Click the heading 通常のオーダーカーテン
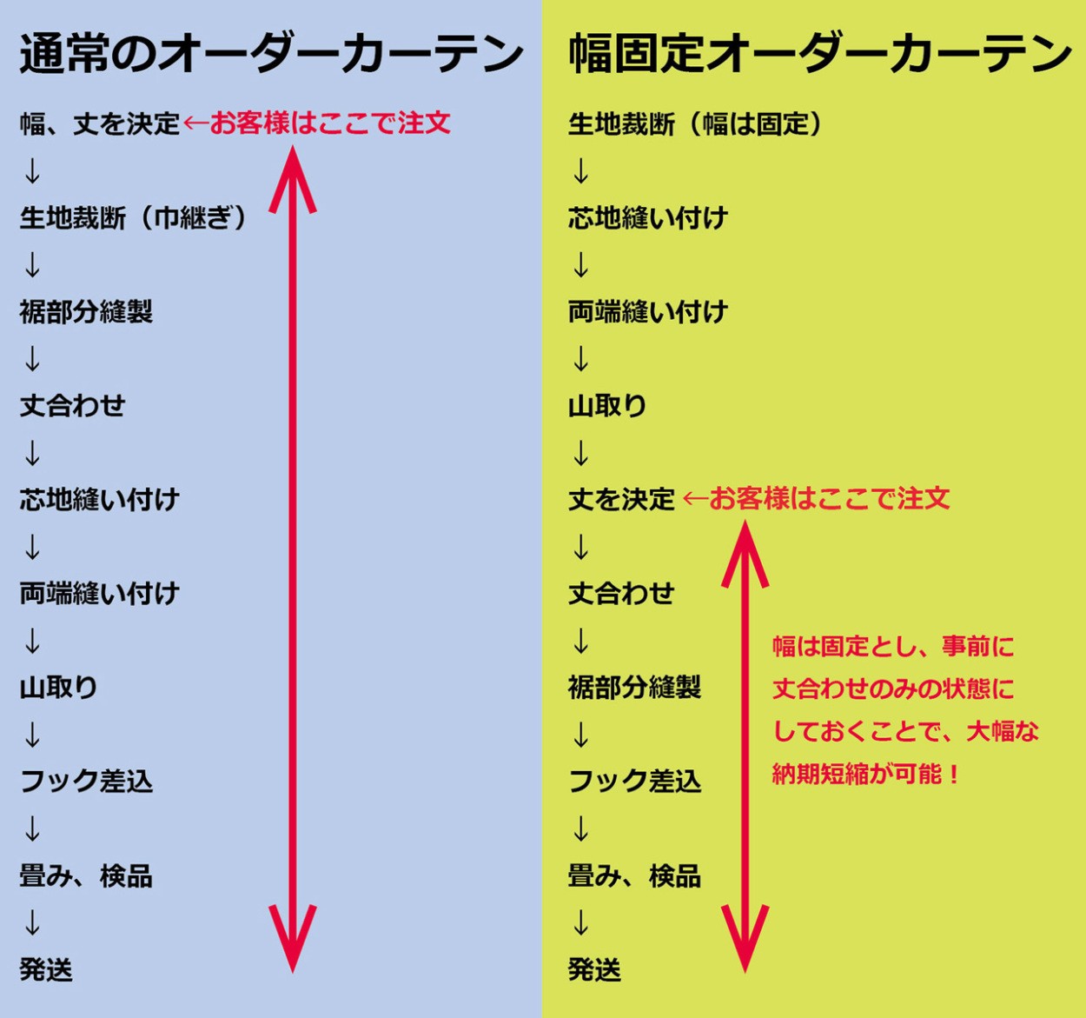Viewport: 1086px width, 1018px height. point(271,54)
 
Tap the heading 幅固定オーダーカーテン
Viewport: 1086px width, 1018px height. point(819,54)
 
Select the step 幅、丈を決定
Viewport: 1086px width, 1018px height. point(100,124)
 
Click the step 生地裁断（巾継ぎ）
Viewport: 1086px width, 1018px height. point(134,217)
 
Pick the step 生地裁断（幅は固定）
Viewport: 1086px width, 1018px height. point(695,124)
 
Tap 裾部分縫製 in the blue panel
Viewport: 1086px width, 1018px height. point(87,311)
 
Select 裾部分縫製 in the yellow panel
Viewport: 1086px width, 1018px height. point(634,688)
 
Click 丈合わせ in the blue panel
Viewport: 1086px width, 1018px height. point(73,405)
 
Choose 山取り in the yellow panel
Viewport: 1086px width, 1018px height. point(607,405)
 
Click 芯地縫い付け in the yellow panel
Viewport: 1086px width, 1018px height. point(648,217)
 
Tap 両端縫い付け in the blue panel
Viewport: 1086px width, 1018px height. point(100,594)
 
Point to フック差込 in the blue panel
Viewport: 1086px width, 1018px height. point(87,782)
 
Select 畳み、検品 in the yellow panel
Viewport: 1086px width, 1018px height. point(634,875)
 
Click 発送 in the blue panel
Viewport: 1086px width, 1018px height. point(46,969)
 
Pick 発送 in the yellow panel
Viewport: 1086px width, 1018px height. point(594,969)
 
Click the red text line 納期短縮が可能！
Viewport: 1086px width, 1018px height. point(865,774)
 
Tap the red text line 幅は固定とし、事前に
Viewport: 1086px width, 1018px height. point(893,646)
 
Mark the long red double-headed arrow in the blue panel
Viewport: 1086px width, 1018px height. point(293,556)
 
